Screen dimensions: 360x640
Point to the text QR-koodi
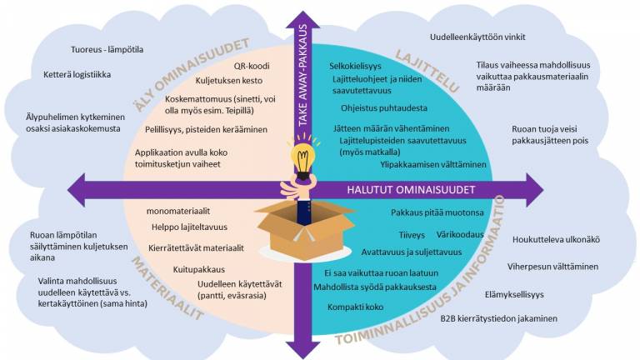(x=250, y=65)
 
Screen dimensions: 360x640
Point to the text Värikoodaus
(x=460, y=234)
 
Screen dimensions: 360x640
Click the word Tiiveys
(x=412, y=235)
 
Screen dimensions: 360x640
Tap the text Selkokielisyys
(x=355, y=65)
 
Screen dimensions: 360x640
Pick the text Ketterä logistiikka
(x=77, y=74)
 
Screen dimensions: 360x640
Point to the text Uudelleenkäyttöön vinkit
(x=477, y=37)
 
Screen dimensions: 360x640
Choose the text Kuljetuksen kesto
(x=229, y=81)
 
